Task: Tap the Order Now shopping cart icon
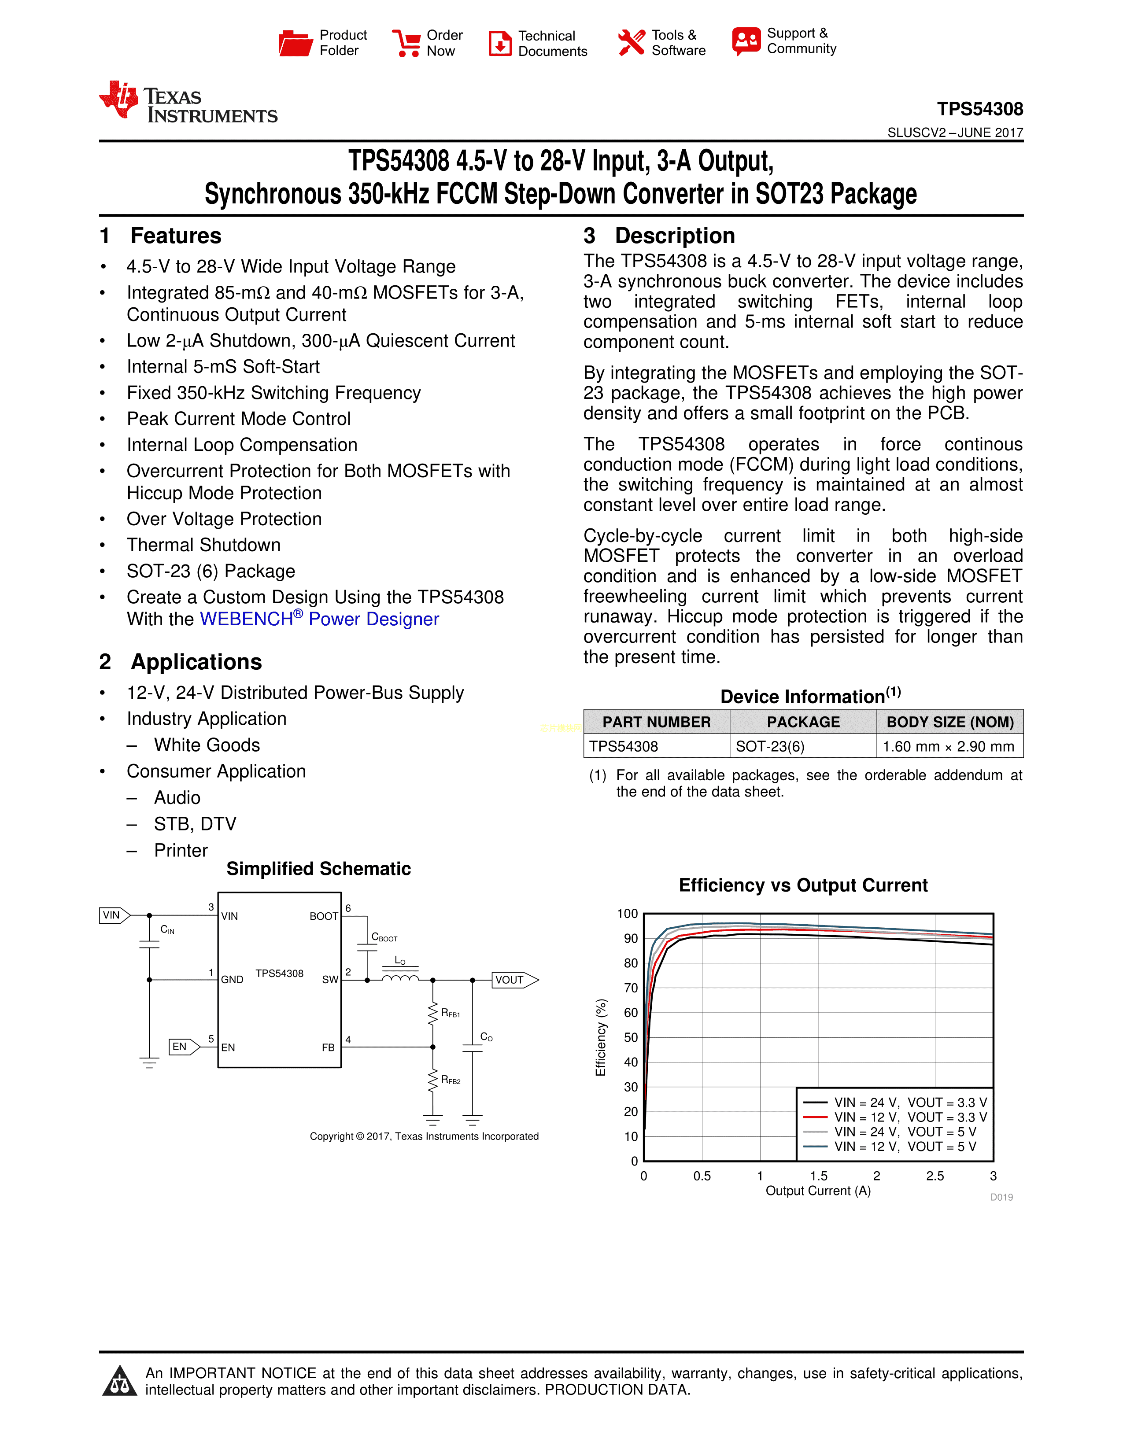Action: click(x=406, y=43)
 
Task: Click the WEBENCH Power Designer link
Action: click(x=319, y=620)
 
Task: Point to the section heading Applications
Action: click(x=196, y=662)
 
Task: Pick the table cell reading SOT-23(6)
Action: click(x=770, y=746)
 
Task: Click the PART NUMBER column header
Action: click(x=656, y=722)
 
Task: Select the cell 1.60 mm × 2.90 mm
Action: click(x=948, y=746)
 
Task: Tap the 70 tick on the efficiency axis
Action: click(x=631, y=988)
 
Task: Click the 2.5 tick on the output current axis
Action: click(x=935, y=1176)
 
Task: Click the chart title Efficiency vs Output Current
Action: click(x=803, y=885)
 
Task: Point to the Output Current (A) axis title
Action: click(x=818, y=1191)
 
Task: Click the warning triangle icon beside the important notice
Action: click(x=120, y=1381)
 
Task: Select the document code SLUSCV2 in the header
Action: click(x=916, y=133)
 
